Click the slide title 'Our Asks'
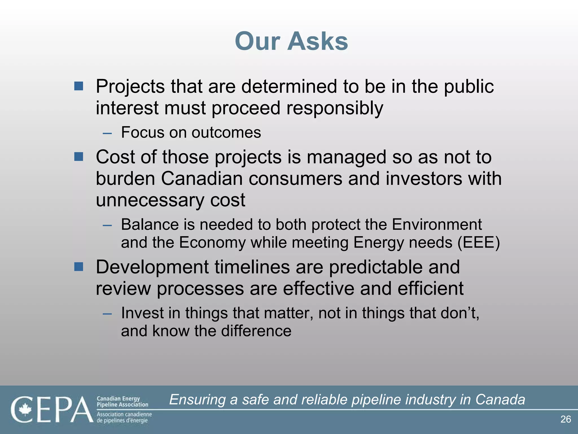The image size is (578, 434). click(291, 41)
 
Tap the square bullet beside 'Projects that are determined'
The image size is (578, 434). click(79, 86)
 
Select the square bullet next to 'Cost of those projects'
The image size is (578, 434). click(79, 157)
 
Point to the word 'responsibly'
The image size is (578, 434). click(335, 108)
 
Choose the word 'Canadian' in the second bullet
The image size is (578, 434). click(202, 179)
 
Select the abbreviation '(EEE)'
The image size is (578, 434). click(479, 242)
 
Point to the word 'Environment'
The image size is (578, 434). click(437, 225)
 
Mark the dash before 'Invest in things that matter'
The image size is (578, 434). click(107, 314)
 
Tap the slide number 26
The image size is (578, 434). click(566, 419)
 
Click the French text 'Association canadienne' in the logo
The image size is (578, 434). click(124, 414)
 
